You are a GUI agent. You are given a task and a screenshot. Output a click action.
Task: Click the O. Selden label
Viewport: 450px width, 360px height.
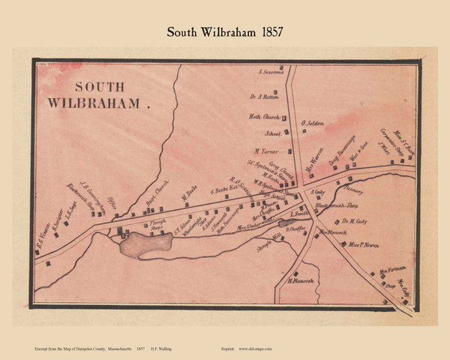[312, 122]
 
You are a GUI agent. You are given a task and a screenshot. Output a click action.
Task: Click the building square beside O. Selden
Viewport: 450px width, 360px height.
[304, 132]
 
